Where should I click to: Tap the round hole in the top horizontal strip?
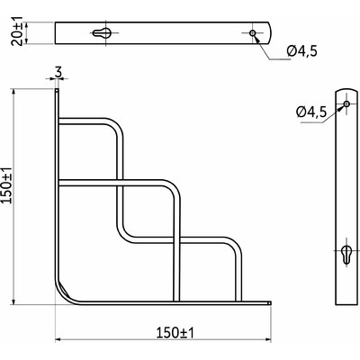tap(255, 33)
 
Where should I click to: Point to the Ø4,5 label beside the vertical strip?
tap(309, 111)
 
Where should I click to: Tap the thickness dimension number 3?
tap(58, 71)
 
